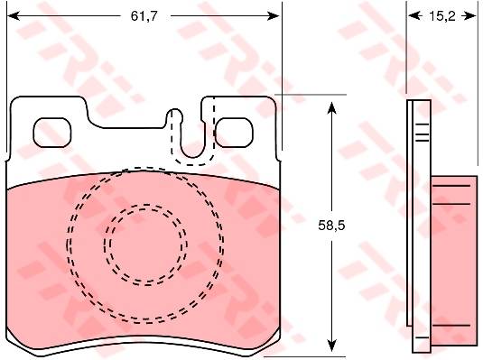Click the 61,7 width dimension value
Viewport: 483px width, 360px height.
tap(144, 15)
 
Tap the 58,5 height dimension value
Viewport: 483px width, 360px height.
tap(331, 226)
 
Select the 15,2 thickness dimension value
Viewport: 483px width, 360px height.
tap(442, 16)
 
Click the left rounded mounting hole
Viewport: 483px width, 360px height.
tap(52, 133)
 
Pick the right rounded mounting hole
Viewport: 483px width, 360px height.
tap(234, 133)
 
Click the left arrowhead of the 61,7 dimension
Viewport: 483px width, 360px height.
tap(14, 15)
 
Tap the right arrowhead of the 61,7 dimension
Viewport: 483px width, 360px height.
tap(274, 15)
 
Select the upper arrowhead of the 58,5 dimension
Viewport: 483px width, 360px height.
tap(331, 107)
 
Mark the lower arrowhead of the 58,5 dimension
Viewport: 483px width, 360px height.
tap(331, 346)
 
